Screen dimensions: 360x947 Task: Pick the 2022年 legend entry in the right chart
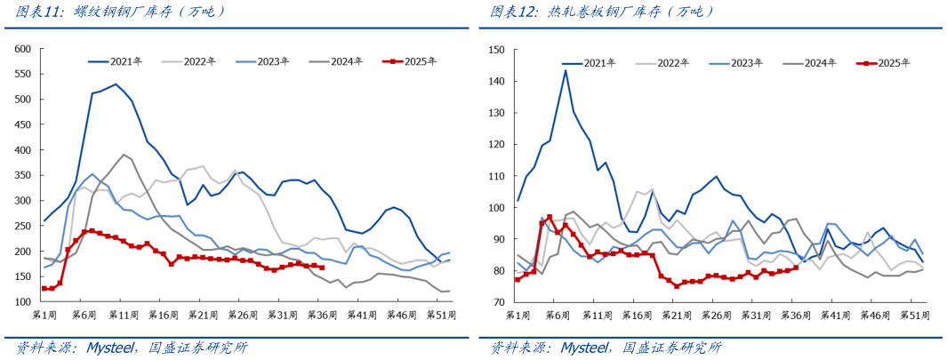click(x=672, y=63)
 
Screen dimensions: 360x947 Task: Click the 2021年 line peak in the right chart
click(x=566, y=70)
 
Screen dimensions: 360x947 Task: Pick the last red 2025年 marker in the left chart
click(x=321, y=268)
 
